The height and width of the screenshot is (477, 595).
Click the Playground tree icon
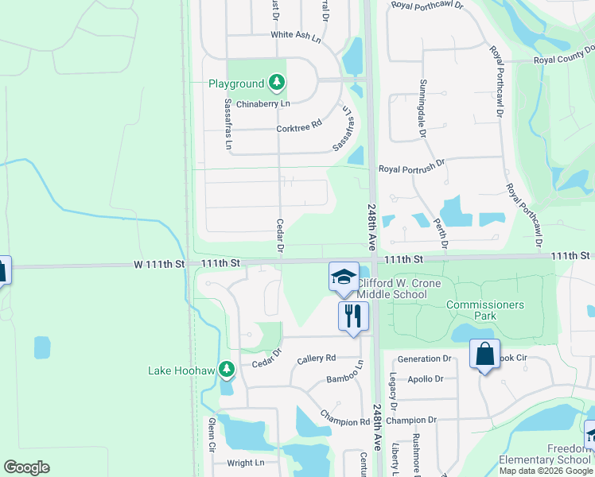point(276,82)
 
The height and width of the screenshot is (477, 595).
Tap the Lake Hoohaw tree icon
point(227,369)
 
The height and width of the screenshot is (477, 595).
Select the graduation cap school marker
point(344,277)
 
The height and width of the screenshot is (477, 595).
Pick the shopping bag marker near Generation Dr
point(484,354)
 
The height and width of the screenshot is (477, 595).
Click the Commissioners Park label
point(484,310)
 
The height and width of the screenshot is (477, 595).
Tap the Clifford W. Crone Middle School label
point(391,289)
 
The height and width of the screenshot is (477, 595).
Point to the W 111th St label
point(158,262)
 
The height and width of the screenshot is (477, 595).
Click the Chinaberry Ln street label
point(262,103)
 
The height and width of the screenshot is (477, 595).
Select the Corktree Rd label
point(298,125)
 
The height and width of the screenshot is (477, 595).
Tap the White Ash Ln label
point(295,35)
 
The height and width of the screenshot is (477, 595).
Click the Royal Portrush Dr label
point(411,169)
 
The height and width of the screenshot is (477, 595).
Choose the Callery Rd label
point(317,359)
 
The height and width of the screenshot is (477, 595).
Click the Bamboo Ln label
point(344,374)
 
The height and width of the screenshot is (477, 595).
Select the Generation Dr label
point(424,359)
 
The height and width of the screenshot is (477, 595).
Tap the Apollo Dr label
point(426,379)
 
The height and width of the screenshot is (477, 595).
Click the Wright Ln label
point(245,463)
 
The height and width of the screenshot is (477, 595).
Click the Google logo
point(26,467)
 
